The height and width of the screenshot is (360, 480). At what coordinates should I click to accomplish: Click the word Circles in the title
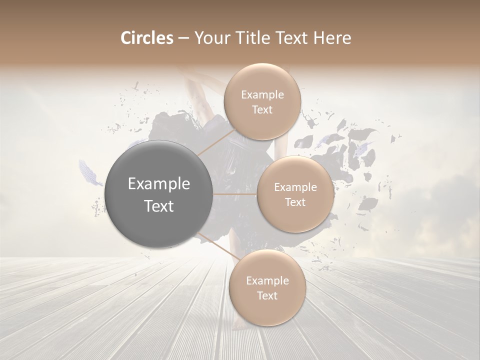click(146, 38)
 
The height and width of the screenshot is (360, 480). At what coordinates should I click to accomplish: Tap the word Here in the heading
click(330, 38)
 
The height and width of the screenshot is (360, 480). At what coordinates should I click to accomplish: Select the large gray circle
click(159, 194)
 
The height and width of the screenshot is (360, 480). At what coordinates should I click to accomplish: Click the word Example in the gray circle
click(159, 184)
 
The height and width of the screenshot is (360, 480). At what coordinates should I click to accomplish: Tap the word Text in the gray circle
click(159, 205)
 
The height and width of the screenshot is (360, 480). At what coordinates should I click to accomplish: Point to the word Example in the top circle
click(262, 94)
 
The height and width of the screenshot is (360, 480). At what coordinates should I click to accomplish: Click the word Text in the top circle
click(262, 109)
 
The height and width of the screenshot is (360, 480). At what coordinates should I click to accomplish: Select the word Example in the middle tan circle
click(295, 187)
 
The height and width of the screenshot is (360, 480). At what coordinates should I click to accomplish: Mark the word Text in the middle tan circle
click(295, 202)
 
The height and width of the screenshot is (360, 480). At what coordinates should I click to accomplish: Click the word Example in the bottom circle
click(267, 281)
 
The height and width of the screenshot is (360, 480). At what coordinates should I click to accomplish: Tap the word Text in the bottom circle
click(267, 295)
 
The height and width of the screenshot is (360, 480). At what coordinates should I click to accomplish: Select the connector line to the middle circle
click(235, 194)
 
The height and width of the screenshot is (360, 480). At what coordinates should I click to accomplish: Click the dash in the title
click(183, 38)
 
